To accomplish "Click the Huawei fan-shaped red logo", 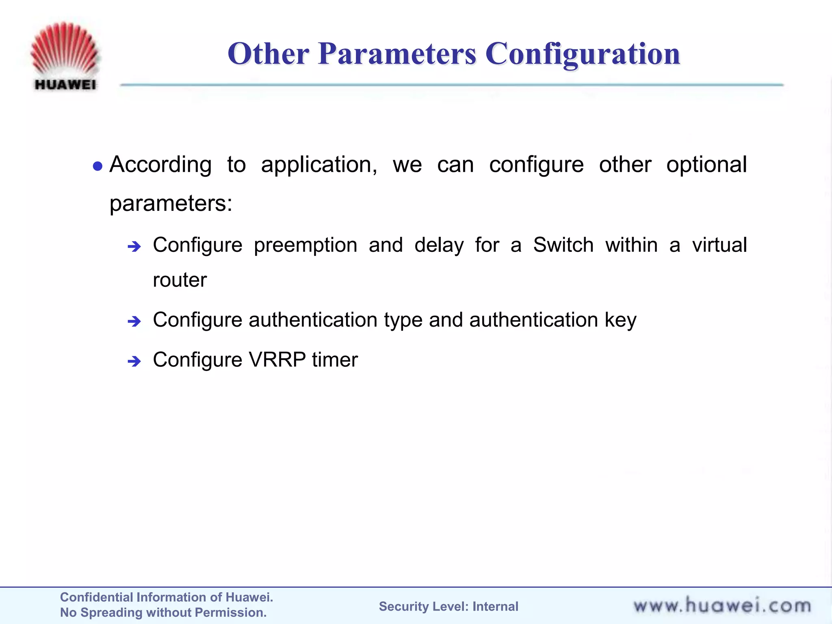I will click(65, 49).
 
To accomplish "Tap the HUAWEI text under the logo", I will click(65, 84).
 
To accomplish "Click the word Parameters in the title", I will click(397, 54).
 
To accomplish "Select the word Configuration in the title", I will click(583, 54).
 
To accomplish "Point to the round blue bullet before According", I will click(97, 166).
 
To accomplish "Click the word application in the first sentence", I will click(319, 165).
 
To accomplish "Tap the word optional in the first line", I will click(706, 165).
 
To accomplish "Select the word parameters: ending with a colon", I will click(171, 203).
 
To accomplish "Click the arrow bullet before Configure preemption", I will click(134, 246).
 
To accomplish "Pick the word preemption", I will click(305, 245).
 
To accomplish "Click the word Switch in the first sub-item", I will click(563, 245).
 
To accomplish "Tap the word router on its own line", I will click(180, 280).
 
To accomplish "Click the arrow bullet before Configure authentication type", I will click(134, 322).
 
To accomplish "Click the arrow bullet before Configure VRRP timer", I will click(134, 361).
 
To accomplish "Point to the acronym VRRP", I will click(277, 360).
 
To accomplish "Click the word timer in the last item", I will click(335, 360).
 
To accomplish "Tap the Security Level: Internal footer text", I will click(448, 607).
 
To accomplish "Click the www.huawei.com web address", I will click(722, 606).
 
